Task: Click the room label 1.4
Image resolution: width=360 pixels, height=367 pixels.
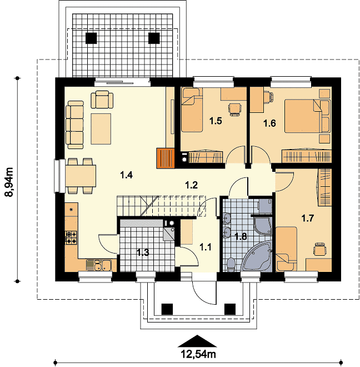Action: (x=126, y=175)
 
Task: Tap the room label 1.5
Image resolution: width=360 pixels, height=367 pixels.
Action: (x=216, y=121)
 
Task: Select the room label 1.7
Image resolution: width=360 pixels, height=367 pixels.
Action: (x=307, y=219)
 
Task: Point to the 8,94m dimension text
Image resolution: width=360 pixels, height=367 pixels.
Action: (x=11, y=182)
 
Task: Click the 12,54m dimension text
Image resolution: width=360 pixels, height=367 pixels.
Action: (x=198, y=354)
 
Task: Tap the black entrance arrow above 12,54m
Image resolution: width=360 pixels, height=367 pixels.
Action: (x=197, y=340)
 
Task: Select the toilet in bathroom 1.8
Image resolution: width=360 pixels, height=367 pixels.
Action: (x=231, y=265)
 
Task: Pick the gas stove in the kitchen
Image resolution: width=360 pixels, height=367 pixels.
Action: (x=71, y=237)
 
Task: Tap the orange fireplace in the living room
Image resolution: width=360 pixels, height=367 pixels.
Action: (x=166, y=158)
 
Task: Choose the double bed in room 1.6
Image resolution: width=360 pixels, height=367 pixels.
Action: (x=307, y=116)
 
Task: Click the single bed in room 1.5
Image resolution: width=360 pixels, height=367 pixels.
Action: (x=192, y=110)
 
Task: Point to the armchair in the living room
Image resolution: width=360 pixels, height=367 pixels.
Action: (x=102, y=100)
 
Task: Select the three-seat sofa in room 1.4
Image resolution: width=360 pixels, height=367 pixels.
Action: (x=75, y=125)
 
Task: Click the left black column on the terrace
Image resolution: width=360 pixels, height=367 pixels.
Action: (x=91, y=38)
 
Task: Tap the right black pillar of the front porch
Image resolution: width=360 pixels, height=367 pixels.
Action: (x=230, y=309)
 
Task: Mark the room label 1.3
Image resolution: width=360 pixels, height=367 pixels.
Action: (x=143, y=252)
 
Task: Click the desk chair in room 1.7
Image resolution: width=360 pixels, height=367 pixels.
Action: (x=320, y=249)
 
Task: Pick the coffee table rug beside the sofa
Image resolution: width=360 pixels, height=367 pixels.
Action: (x=101, y=129)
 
